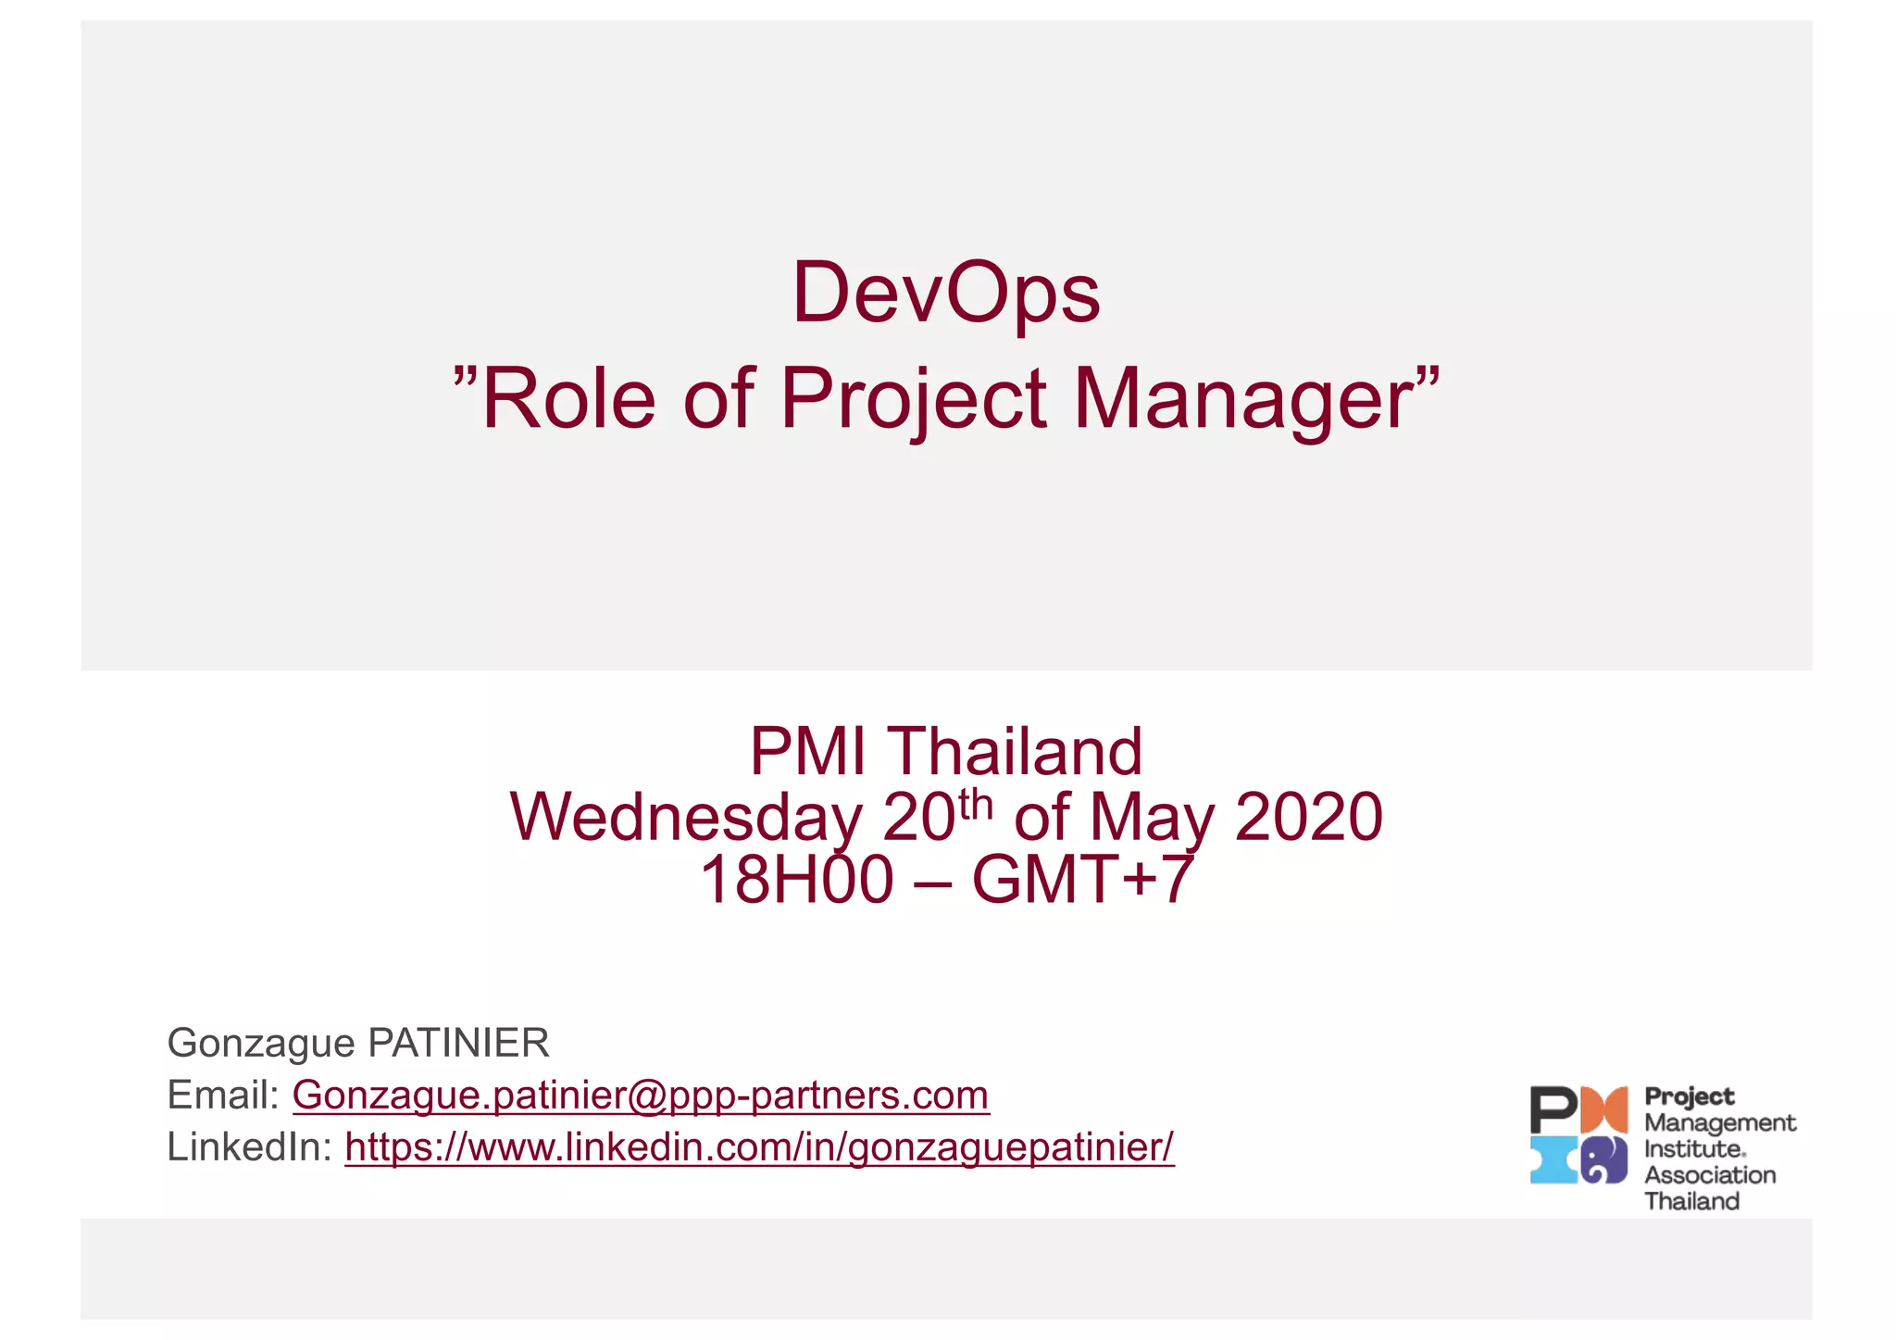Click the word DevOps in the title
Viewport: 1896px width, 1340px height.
(946, 293)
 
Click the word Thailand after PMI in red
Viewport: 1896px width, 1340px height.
(1016, 751)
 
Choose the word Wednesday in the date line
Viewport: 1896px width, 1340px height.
(686, 818)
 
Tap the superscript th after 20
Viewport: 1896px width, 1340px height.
(976, 803)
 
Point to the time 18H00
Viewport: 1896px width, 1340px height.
(797, 880)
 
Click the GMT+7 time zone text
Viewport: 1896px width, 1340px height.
(1082, 880)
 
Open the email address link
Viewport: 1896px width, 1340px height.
(641, 1096)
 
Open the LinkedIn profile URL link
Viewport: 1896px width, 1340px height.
(759, 1147)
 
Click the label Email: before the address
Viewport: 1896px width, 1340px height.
(223, 1096)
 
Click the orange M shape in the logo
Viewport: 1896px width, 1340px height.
(1604, 1109)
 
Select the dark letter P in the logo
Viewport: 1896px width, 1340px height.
(1553, 1109)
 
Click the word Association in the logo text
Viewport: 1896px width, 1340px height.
(1710, 1175)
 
